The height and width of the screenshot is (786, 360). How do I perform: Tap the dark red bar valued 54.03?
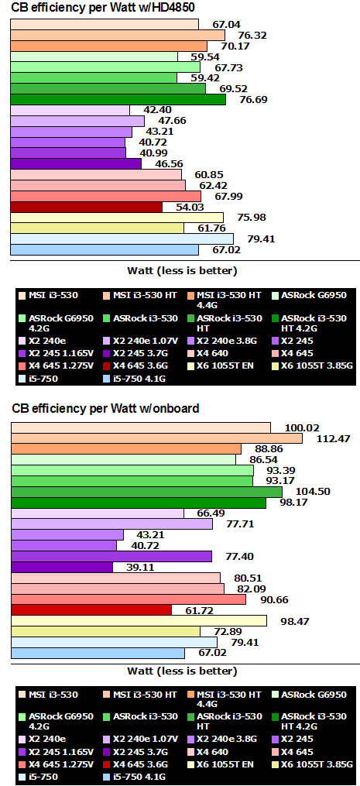86,207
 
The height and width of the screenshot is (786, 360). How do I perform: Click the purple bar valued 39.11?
62,567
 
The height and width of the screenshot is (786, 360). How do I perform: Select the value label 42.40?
146,110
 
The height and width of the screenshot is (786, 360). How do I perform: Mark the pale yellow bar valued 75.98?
117,218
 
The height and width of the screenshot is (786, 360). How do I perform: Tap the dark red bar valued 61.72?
91,610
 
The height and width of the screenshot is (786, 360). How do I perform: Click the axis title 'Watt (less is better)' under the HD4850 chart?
182,270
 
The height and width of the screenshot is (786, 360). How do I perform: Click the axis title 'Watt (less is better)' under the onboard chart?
182,671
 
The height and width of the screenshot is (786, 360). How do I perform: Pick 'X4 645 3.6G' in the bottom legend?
139,764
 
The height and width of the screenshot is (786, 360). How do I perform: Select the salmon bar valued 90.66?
129,599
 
